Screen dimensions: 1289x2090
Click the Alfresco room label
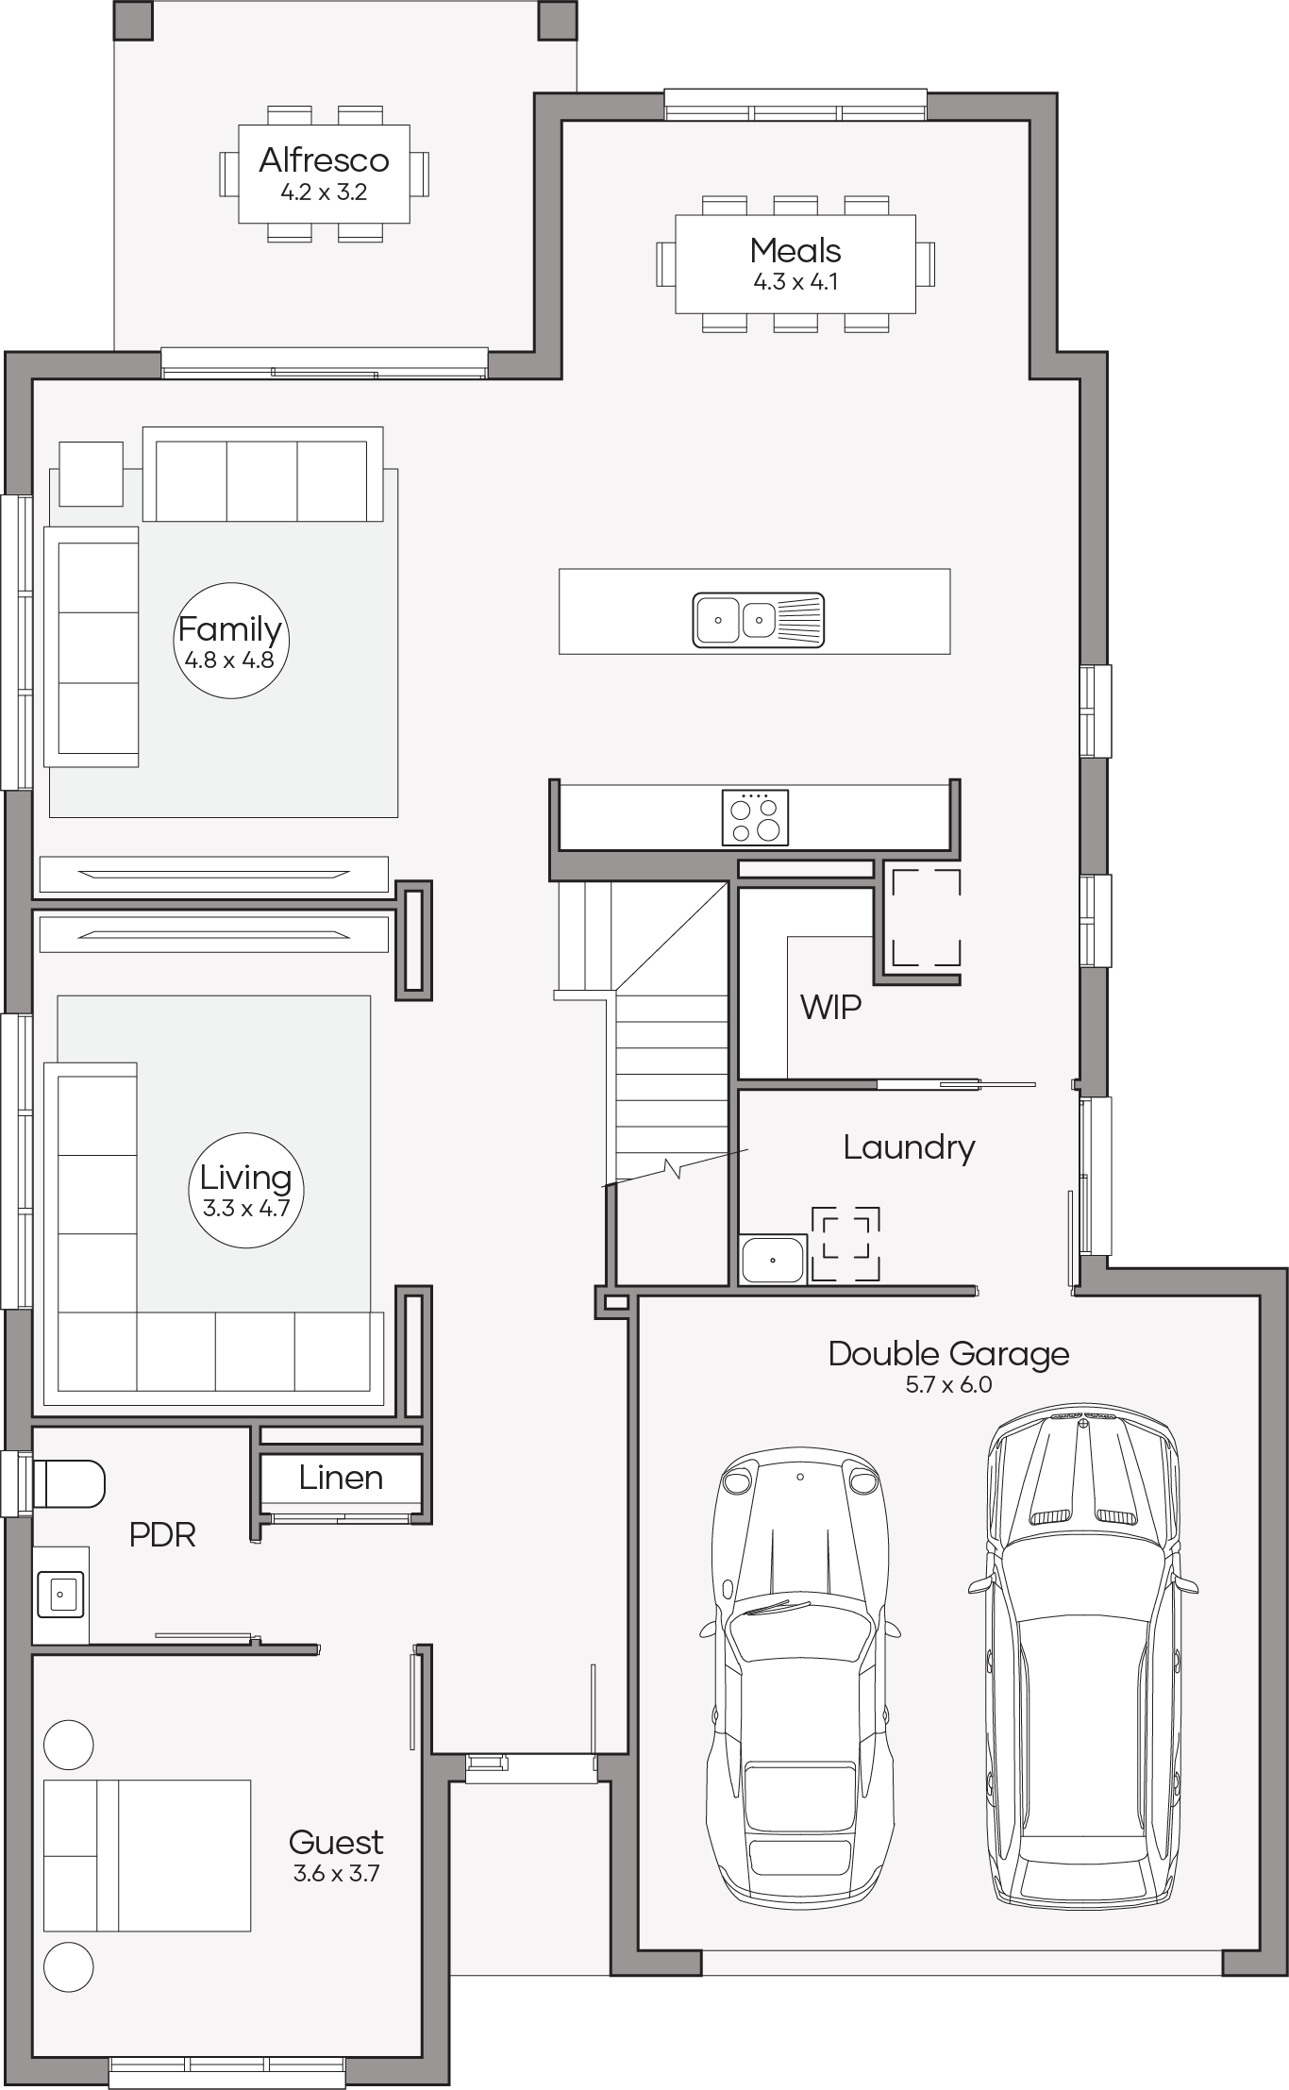[324, 160]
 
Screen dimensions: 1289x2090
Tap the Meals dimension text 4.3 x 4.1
[795, 282]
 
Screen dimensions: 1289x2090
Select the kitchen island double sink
[759, 620]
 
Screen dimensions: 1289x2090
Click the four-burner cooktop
[755, 817]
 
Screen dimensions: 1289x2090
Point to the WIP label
[830, 1008]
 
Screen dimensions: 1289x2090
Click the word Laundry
[909, 1148]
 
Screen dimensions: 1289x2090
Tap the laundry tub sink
[773, 1260]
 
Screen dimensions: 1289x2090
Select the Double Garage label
[948, 1354]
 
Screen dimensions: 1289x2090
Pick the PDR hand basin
[60, 1595]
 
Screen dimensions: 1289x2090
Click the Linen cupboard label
[341, 1478]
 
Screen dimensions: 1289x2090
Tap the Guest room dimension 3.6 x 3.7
[336, 1874]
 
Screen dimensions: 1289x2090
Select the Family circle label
[230, 641]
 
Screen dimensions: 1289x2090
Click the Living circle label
[246, 1190]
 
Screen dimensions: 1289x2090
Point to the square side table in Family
[92, 475]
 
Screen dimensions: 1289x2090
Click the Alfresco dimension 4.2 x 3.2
[324, 192]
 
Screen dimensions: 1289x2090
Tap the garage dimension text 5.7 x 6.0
[948, 1385]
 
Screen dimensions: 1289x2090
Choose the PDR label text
[162, 1535]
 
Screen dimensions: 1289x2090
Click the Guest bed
[147, 1856]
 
